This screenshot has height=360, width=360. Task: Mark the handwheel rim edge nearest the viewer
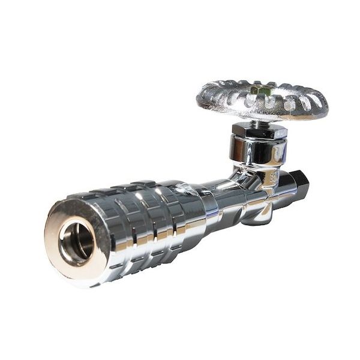(x=258, y=117)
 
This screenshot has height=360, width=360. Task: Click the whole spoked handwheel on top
(x=262, y=99)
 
